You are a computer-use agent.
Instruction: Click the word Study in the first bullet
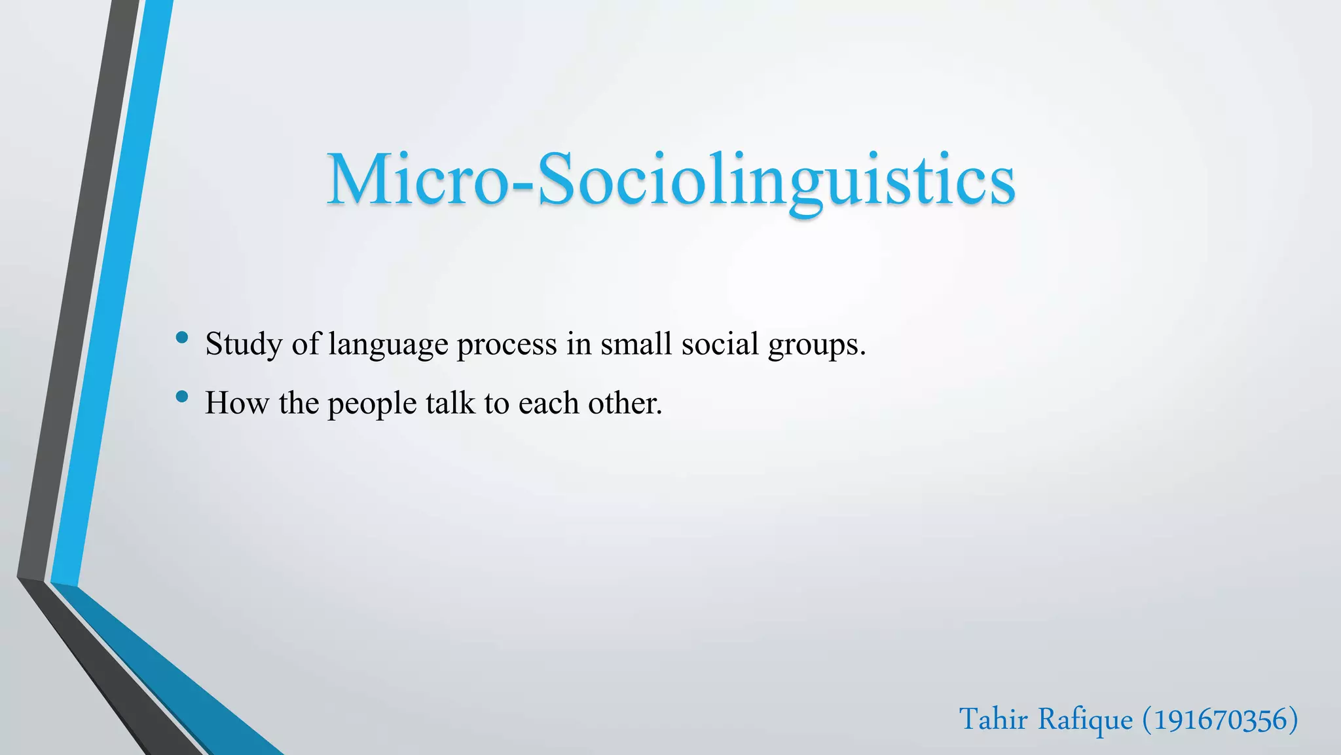point(244,344)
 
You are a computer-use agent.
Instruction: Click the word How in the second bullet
point(236,403)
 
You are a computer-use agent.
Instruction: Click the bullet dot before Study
point(182,338)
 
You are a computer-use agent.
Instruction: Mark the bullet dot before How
point(182,397)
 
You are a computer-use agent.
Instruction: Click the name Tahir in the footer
point(993,720)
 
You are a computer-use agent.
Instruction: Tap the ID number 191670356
point(1220,720)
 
